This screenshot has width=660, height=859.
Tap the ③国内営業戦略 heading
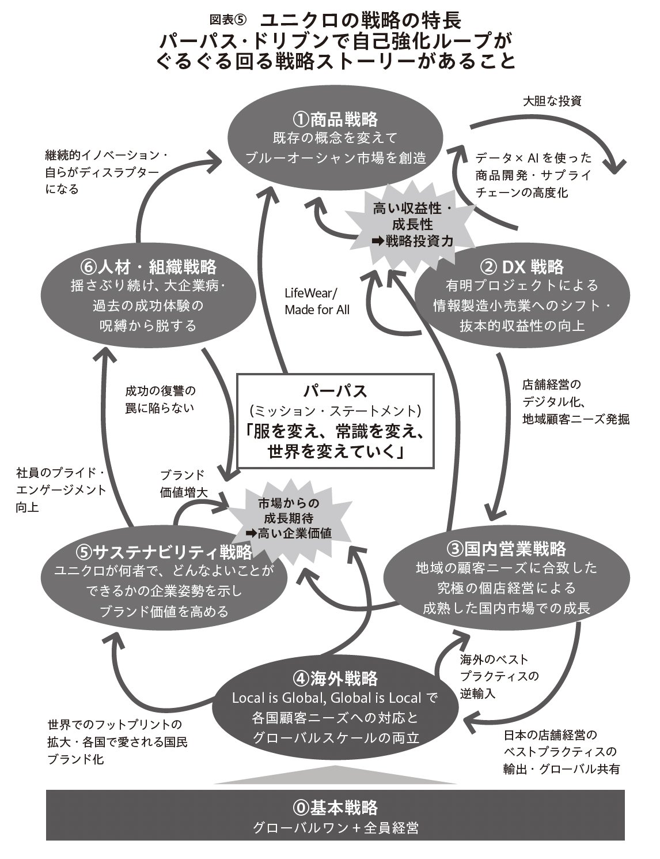506,548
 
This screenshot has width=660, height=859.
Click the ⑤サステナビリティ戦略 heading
164,552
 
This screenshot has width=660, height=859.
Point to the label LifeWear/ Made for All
317,301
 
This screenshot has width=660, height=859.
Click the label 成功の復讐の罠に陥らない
161,400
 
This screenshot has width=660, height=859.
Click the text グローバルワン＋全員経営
336,828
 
